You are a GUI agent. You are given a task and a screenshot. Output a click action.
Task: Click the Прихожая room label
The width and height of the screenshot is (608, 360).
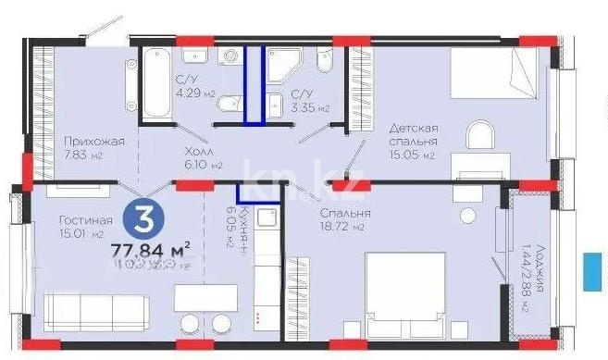point(93,142)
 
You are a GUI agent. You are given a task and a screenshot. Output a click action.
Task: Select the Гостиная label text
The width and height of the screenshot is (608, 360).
point(85,220)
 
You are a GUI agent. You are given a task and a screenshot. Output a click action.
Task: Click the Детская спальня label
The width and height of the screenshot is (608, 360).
point(413,134)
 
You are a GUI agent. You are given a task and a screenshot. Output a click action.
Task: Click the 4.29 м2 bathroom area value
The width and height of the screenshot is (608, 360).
point(195,93)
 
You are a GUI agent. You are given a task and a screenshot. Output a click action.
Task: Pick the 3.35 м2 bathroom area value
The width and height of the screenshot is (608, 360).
point(311,108)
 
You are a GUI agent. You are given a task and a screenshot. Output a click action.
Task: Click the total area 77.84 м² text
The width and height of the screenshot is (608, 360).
point(151,249)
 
